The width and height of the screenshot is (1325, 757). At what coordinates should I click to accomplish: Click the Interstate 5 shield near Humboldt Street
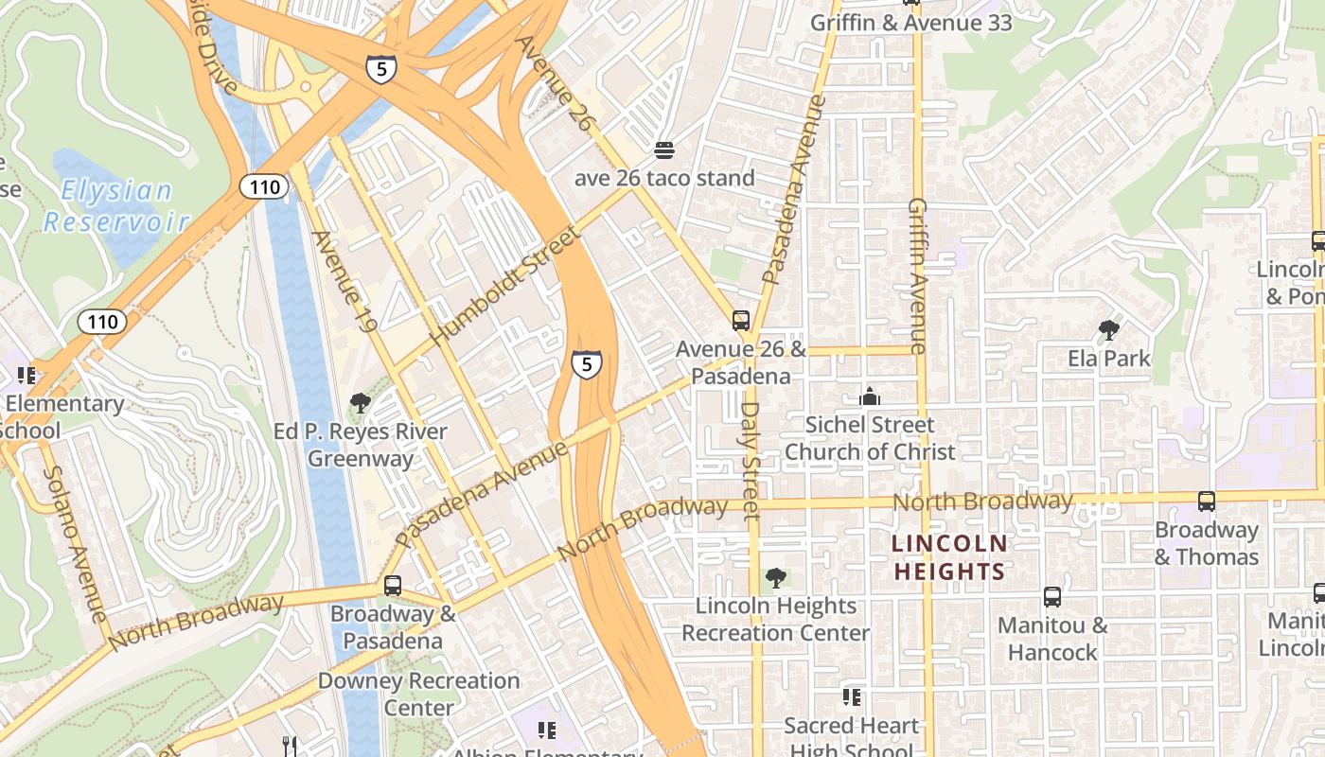pos(587,363)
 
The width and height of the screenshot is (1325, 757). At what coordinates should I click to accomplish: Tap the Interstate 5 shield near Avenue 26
pos(381,68)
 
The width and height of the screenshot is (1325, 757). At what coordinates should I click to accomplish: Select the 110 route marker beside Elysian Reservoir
pos(264,186)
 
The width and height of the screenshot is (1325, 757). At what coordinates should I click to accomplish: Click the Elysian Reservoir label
pos(115,206)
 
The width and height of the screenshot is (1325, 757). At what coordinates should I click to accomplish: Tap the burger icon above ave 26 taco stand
pos(664,150)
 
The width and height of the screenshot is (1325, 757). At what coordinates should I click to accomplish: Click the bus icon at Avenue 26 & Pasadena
pos(741,321)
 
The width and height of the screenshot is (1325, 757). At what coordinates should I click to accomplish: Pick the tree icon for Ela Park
pos(1108,330)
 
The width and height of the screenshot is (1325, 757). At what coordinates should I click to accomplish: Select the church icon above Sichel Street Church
pos(869,396)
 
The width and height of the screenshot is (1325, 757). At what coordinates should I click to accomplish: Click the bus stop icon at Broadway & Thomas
pos(1207,502)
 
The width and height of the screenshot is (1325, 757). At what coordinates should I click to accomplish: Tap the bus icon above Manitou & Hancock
pos(1051,596)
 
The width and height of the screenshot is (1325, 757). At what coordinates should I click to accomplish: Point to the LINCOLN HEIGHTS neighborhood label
pos(949,557)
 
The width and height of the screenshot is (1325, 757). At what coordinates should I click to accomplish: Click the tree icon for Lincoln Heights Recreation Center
pos(775,577)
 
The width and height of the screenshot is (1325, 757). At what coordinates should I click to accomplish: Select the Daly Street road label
pos(751,461)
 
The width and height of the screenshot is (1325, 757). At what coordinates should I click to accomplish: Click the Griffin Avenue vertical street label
pos(917,275)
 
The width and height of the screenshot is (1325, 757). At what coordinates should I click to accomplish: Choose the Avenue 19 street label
pos(344,282)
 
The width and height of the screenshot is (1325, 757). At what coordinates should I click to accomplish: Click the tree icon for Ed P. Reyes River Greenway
pos(360,403)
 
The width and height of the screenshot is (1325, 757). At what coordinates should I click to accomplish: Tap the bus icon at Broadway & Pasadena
pos(392,586)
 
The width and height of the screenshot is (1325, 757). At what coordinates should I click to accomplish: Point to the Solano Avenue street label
pos(74,543)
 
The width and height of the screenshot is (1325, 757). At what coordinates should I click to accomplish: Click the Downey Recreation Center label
pos(418,694)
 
